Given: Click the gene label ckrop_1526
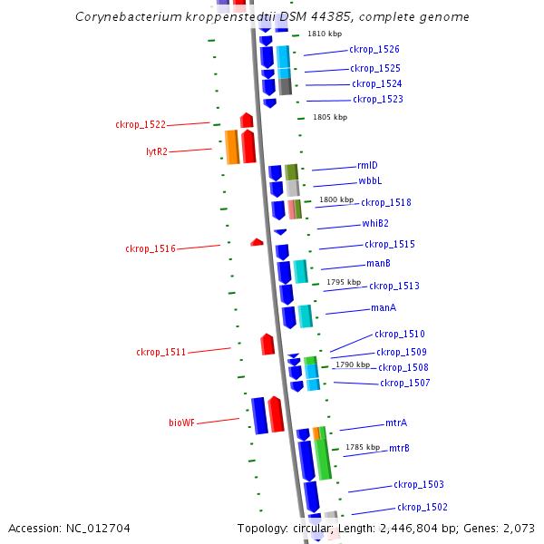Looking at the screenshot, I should (x=374, y=50).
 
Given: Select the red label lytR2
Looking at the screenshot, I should (x=157, y=151).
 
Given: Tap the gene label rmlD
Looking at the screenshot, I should (x=367, y=165).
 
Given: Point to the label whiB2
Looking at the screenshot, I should (x=375, y=223).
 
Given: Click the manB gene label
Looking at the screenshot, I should (x=378, y=263).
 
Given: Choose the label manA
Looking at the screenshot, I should (x=384, y=308).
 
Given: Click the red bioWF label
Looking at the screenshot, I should (x=181, y=423).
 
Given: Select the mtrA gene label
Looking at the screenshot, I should (x=396, y=423).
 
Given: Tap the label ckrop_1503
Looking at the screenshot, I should (x=418, y=485).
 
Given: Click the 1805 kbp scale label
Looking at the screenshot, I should (x=330, y=117).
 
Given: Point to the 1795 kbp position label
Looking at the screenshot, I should (x=344, y=282).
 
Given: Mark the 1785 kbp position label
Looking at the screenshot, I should (x=363, y=447).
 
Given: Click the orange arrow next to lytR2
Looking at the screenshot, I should (x=232, y=147).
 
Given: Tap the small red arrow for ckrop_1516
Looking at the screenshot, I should (x=257, y=242).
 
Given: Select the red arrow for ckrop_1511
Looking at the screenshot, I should (x=267, y=345).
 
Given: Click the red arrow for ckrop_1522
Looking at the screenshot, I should (x=247, y=121).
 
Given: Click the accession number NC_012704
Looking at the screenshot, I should (x=103, y=528).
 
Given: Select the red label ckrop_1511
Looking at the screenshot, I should (x=161, y=352).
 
